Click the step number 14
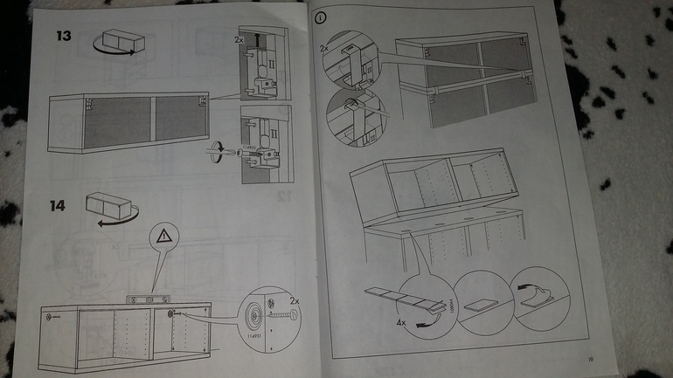[x=57, y=207]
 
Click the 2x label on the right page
[x=325, y=47]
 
